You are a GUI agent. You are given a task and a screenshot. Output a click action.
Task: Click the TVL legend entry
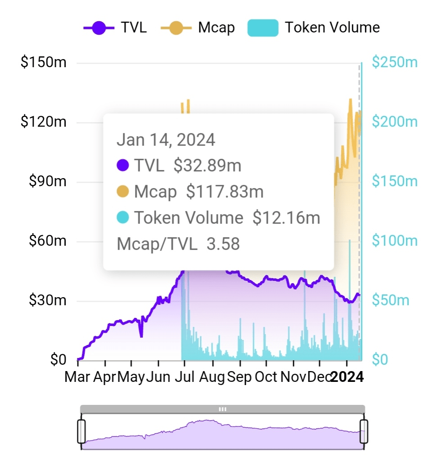[x=115, y=28]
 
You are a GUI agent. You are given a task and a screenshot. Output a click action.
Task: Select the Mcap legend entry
[x=198, y=28]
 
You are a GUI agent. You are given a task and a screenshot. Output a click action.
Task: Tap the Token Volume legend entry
[x=314, y=28]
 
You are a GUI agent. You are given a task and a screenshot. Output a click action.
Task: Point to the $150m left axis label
[x=43, y=62]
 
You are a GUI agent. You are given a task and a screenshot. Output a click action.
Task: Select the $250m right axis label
[x=395, y=62]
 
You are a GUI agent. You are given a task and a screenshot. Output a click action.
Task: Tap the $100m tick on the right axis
[x=395, y=241]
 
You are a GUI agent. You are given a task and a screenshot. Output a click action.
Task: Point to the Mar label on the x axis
[x=77, y=377]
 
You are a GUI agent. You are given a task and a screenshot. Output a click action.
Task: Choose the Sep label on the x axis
[x=239, y=377]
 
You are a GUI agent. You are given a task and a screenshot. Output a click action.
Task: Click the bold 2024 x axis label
[x=347, y=377]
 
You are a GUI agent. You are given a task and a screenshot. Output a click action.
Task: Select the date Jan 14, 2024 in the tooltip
[x=166, y=140]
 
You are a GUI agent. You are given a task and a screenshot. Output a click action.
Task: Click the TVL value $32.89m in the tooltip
[x=207, y=166]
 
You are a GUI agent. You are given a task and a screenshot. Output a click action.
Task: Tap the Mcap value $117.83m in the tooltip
[x=225, y=192]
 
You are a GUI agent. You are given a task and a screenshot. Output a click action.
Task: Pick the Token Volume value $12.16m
[x=286, y=218]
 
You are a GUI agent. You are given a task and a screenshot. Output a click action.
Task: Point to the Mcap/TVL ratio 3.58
[x=223, y=244]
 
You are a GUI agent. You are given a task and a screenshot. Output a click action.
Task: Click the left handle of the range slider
[x=81, y=431]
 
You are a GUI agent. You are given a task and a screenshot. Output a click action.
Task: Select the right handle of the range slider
[x=364, y=431]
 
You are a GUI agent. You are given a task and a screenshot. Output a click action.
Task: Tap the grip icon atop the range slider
[x=222, y=409]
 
